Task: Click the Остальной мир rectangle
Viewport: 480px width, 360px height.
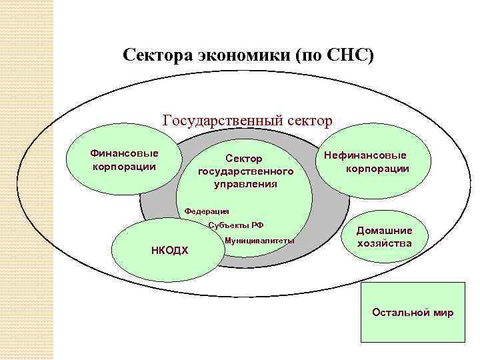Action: (412, 311)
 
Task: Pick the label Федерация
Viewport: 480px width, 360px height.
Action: (207, 211)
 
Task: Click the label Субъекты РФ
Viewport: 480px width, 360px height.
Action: (236, 225)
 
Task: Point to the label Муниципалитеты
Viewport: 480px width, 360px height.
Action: (260, 240)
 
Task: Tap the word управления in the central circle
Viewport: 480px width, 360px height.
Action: (245, 183)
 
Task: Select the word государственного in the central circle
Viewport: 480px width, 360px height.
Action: (245, 171)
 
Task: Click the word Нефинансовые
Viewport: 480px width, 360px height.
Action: (365, 156)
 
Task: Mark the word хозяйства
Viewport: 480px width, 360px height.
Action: (384, 243)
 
